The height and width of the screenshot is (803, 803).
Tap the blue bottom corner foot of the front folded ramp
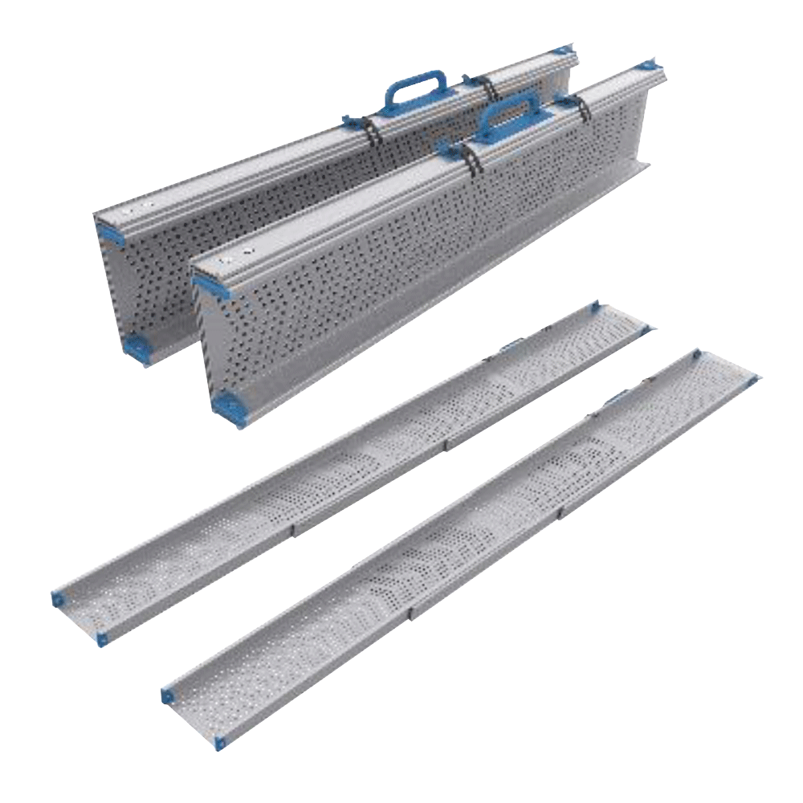click(x=227, y=406)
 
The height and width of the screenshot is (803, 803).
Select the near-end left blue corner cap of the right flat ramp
click(x=168, y=695)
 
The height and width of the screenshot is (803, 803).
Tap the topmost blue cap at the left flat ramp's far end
click(x=595, y=307)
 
